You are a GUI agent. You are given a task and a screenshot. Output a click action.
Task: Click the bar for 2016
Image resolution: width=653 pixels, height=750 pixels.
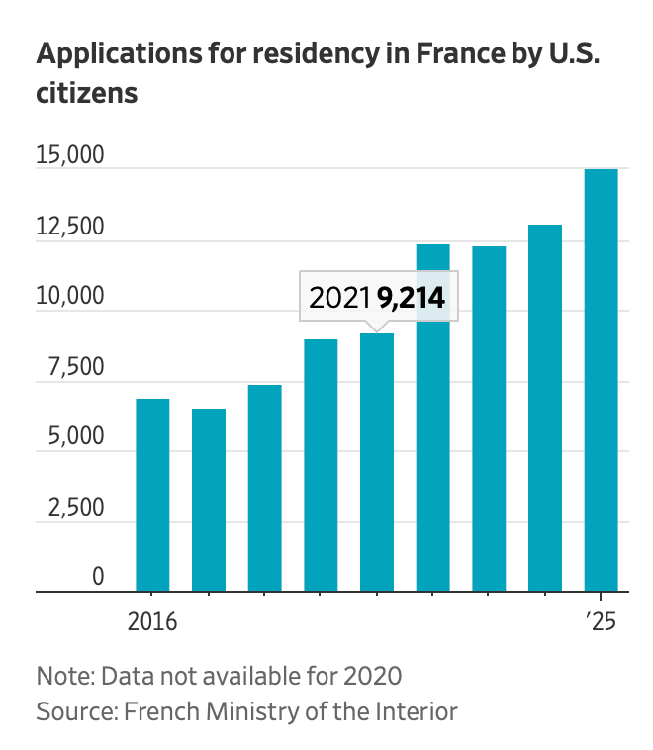pyautogui.click(x=152, y=495)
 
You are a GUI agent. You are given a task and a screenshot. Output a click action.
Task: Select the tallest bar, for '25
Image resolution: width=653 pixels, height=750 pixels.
pyautogui.click(x=601, y=380)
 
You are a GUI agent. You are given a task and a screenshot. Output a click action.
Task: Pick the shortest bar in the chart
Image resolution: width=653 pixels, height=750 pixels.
pyautogui.click(x=209, y=500)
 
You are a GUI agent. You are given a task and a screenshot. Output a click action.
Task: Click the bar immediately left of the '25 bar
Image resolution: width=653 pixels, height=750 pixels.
pyautogui.click(x=544, y=408)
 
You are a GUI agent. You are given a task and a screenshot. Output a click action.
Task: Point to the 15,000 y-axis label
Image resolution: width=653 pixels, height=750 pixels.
pyautogui.click(x=70, y=156)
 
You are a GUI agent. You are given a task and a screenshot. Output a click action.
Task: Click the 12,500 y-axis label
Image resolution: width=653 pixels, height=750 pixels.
pyautogui.click(x=70, y=227)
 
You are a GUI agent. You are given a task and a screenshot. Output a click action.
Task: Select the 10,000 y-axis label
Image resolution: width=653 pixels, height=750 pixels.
pyautogui.click(x=70, y=297)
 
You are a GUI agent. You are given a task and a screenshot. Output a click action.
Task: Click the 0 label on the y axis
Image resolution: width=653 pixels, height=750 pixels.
pyautogui.click(x=98, y=577)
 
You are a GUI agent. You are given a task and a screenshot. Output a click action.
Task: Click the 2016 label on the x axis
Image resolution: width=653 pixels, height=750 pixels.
pyautogui.click(x=152, y=623)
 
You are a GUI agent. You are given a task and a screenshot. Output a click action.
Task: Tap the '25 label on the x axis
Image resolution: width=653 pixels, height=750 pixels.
pyautogui.click(x=600, y=623)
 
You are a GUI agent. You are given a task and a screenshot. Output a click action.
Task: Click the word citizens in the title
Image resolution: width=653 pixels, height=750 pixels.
pyautogui.click(x=86, y=94)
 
